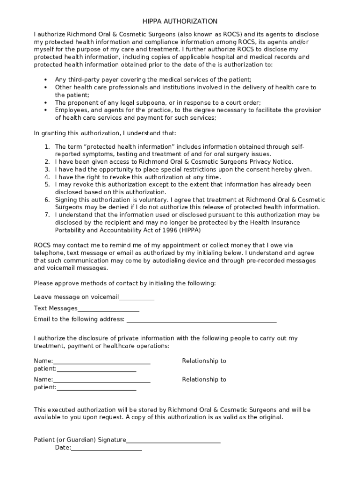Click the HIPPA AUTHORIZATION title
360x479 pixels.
click(180, 22)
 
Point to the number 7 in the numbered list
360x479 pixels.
click(47, 215)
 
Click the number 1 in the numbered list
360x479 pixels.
click(47, 147)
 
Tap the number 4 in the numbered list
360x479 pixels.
click(47, 177)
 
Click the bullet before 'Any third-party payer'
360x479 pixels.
click(45, 80)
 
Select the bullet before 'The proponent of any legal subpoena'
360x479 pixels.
click(45, 102)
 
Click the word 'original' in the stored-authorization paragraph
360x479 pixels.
click(270, 417)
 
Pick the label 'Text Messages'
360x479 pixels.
click(56, 309)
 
